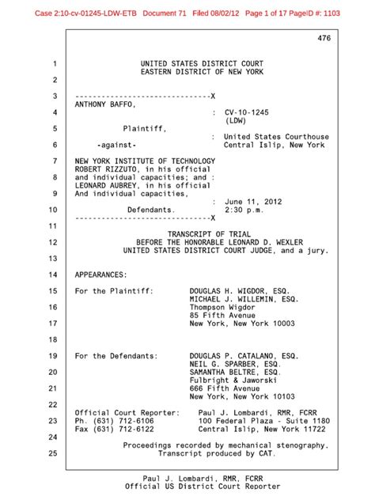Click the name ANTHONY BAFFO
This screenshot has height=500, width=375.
(x=105, y=104)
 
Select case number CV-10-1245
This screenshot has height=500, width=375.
(x=250, y=113)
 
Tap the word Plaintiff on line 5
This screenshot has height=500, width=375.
(x=149, y=128)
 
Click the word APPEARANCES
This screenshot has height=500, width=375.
(x=101, y=275)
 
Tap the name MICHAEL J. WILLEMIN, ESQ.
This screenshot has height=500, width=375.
(x=244, y=300)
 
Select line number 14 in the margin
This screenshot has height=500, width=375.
(x=55, y=275)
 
